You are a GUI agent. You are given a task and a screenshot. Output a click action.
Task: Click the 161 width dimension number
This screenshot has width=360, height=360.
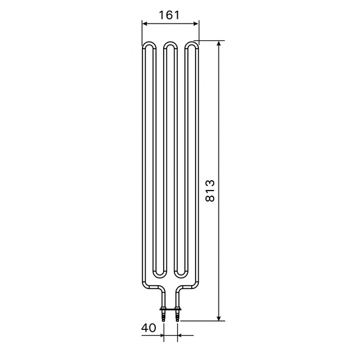pos(169,15)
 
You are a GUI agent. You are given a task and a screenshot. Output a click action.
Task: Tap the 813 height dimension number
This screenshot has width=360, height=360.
pos(210,191)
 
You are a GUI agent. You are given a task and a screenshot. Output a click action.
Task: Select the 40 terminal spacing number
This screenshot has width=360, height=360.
pos(148,327)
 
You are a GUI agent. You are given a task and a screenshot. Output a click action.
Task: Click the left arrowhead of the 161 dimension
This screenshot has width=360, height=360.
pos(145,24)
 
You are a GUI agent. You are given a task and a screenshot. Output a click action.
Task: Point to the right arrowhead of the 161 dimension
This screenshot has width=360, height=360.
pos(196,24)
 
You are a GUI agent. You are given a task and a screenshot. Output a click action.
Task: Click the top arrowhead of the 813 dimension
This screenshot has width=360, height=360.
pos(219,43)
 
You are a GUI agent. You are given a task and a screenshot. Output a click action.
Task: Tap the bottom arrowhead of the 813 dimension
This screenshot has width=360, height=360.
pos(219,318)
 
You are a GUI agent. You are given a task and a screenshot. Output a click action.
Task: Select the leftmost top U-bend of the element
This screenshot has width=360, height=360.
pos(150,43)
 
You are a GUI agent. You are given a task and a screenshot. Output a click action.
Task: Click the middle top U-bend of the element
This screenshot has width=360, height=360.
pos(170,43)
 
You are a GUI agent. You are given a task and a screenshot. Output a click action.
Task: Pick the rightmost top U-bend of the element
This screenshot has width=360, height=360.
pos(191,43)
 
